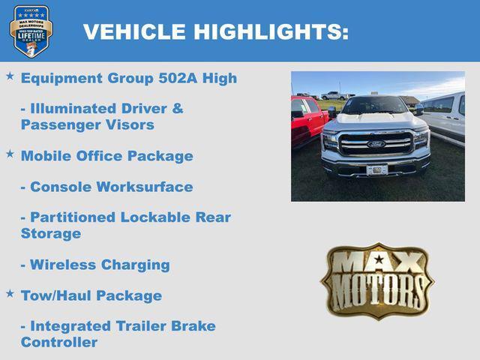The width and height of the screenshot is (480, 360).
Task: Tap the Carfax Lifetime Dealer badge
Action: coord(31,31)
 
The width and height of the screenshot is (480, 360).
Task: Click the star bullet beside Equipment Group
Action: coord(10,76)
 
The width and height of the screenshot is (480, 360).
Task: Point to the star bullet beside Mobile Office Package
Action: coord(10,154)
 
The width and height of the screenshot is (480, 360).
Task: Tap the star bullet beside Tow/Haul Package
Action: coord(10,293)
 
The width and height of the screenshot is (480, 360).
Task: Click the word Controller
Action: coord(59,342)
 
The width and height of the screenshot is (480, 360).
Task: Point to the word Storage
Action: coord(51,233)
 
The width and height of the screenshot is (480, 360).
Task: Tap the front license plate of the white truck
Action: coord(376,169)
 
